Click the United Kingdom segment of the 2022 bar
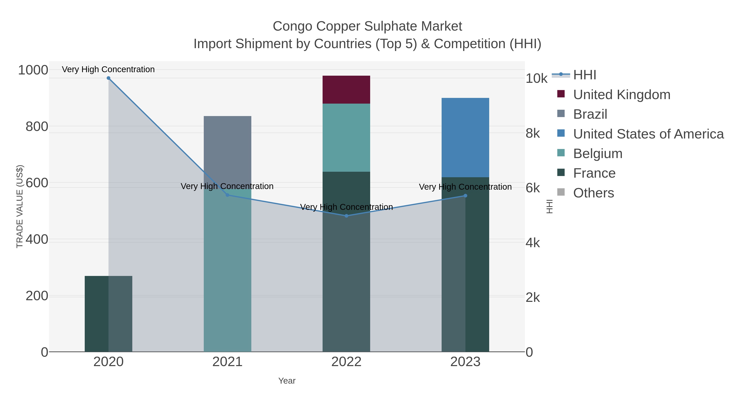tap(346, 90)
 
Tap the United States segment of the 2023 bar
tap(465, 137)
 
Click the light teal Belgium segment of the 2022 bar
tap(346, 137)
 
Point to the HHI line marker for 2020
tap(108, 78)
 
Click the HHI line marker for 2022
tap(346, 216)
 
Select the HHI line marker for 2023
tap(465, 196)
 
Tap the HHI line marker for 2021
tap(227, 195)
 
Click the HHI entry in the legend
tap(584, 75)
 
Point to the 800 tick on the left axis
tap(37, 126)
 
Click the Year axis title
tap(287, 381)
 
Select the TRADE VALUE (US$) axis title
tap(19, 206)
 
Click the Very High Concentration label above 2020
tap(108, 69)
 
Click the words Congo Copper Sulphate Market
tap(367, 26)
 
